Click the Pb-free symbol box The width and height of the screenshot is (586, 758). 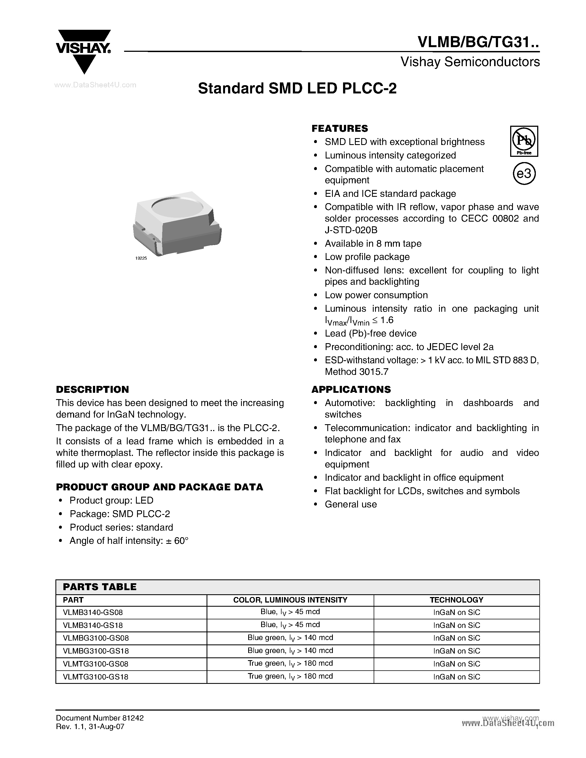click(524, 141)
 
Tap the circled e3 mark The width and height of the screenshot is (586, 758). click(524, 174)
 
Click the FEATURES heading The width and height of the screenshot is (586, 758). click(339, 128)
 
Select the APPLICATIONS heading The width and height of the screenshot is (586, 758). click(351, 389)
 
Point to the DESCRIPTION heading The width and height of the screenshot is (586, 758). click(92, 389)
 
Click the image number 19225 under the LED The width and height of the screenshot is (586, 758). click(141, 258)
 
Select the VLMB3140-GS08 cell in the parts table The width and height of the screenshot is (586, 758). click(93, 612)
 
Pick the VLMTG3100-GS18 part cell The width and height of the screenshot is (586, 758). click(95, 677)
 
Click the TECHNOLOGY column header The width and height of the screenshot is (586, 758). click(456, 600)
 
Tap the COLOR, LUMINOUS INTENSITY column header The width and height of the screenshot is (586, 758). click(290, 600)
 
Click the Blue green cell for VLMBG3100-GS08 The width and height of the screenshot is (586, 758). click(290, 638)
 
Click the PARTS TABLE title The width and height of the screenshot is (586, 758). click(100, 587)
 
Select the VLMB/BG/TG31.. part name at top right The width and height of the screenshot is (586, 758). click(478, 42)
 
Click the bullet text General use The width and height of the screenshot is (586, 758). click(350, 504)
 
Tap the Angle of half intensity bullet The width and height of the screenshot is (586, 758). click(129, 541)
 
